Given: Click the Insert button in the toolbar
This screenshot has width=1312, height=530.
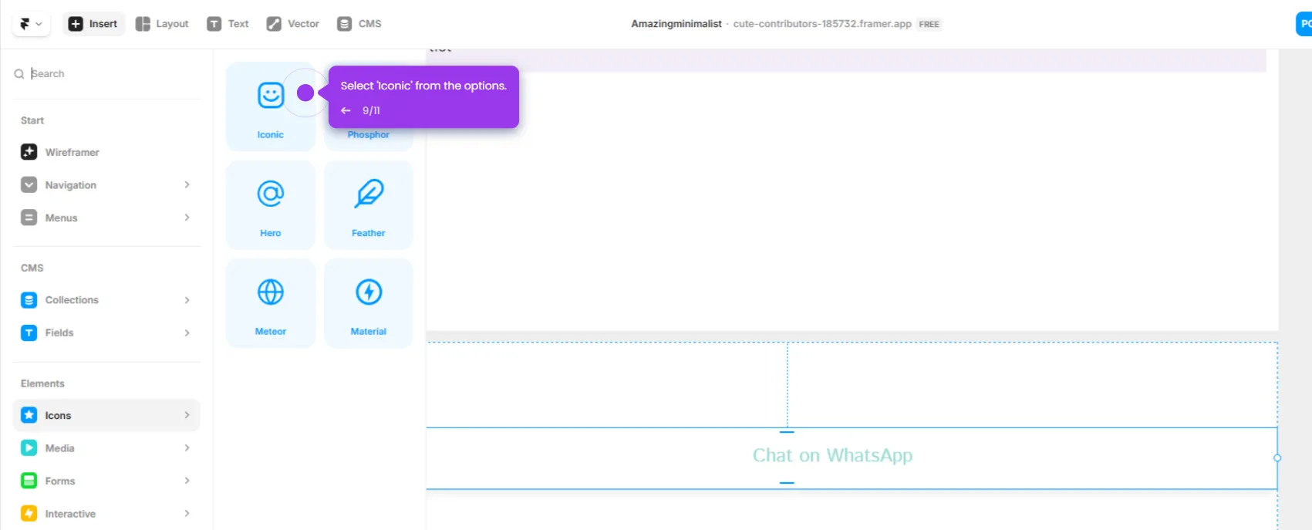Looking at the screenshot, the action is (x=93, y=24).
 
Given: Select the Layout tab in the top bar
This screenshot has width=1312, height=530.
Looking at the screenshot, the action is (x=162, y=24).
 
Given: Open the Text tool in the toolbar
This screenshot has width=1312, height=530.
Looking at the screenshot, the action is (x=228, y=24).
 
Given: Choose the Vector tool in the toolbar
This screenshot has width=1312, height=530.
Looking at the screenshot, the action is (x=293, y=24).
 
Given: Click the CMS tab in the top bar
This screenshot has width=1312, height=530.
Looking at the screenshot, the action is (x=359, y=24).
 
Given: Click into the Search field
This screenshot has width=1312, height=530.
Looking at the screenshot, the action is (x=108, y=74).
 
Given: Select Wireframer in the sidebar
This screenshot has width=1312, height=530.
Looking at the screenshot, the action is (x=72, y=153).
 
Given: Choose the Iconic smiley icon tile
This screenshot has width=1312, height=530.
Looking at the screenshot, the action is (x=271, y=106).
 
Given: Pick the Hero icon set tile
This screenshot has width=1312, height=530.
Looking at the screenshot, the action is (x=271, y=205).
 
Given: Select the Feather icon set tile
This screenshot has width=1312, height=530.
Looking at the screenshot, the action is (x=369, y=205).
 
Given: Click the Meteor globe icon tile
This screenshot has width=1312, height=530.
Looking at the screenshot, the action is (x=271, y=303).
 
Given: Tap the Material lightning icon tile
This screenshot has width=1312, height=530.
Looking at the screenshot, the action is (x=369, y=303).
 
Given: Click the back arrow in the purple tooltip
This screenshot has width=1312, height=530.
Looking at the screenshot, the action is (x=346, y=111).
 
